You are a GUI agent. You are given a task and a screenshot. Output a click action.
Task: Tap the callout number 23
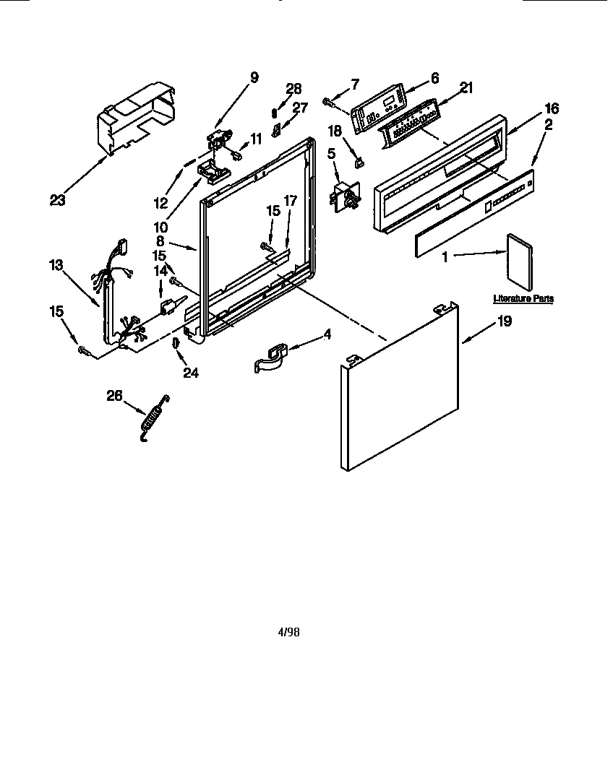click(57, 200)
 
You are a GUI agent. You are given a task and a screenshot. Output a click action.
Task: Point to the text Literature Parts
click(523, 298)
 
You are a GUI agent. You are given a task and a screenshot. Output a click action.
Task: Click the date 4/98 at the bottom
click(288, 632)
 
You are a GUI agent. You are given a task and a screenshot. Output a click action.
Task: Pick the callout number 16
click(552, 108)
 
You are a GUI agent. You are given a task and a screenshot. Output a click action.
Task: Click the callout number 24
click(191, 373)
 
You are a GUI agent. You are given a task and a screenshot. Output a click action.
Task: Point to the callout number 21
click(466, 87)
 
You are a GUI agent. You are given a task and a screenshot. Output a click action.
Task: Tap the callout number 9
click(253, 77)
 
